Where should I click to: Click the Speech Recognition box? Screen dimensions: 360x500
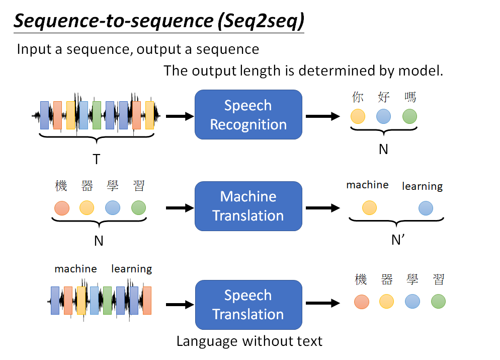(x=248, y=115)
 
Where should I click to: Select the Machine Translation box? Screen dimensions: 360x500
(x=248, y=206)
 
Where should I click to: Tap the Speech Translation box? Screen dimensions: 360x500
(x=248, y=305)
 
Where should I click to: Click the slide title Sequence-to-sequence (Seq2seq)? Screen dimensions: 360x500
(x=158, y=21)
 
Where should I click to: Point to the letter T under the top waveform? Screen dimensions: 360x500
(x=96, y=160)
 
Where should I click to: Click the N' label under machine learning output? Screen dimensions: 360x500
(x=398, y=240)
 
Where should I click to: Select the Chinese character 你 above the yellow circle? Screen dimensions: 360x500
(x=358, y=97)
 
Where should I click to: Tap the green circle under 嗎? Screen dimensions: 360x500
(x=410, y=116)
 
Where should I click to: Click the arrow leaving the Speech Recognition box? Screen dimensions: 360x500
(x=322, y=116)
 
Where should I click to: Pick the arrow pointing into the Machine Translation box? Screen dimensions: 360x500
(x=180, y=207)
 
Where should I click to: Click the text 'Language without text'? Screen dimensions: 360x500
(x=249, y=341)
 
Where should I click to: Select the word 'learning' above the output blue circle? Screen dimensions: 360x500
(x=422, y=186)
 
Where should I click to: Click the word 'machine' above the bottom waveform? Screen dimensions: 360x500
(x=75, y=269)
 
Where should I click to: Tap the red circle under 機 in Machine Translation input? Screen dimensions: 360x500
(x=61, y=207)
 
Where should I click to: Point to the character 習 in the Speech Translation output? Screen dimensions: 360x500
(x=438, y=279)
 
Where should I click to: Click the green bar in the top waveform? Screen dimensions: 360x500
(x=97, y=115)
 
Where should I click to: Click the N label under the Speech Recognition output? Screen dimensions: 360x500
(x=383, y=149)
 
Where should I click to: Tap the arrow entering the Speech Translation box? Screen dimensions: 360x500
(x=180, y=304)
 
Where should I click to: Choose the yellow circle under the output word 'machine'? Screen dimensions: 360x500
(x=369, y=207)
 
